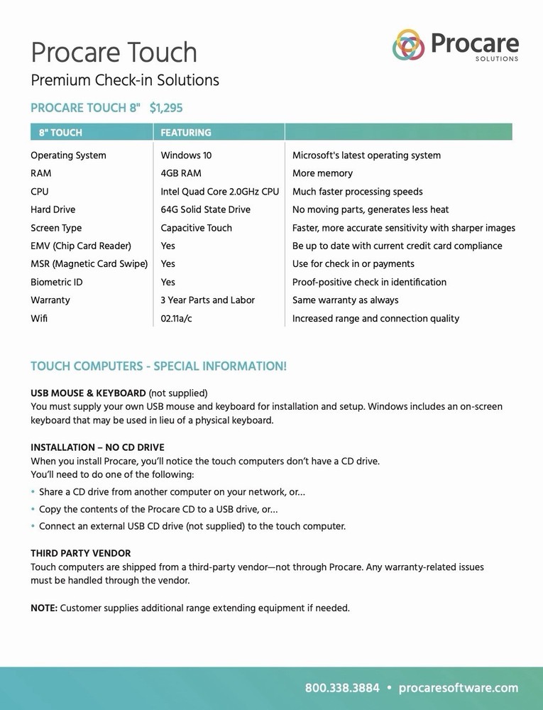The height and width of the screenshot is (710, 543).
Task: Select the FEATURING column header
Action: tap(186, 133)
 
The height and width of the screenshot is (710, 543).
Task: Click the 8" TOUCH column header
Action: tap(61, 133)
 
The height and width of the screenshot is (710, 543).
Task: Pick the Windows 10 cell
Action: tap(186, 155)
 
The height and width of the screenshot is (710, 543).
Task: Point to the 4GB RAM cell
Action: tap(181, 173)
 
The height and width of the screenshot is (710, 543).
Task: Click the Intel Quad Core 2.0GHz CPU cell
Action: tap(220, 192)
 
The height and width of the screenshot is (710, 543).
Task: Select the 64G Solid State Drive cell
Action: tap(205, 209)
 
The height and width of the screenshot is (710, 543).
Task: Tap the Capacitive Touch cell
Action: tap(196, 228)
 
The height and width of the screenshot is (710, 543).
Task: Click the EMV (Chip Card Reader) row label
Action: tap(81, 246)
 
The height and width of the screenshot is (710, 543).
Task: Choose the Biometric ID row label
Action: tap(57, 282)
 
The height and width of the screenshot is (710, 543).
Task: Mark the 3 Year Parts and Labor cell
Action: tap(207, 300)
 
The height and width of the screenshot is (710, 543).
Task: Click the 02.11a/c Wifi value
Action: tap(176, 319)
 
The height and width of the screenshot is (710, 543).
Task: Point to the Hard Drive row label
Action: tap(53, 209)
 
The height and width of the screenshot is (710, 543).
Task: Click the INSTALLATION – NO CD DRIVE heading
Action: tap(97, 447)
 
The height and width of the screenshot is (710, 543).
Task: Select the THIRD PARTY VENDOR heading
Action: tap(80, 553)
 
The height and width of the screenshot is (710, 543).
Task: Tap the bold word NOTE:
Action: tap(44, 608)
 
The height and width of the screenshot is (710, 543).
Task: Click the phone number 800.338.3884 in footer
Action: tap(342, 688)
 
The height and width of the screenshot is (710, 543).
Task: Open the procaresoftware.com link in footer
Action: tap(459, 688)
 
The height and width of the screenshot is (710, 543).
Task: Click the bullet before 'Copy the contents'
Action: tap(33, 510)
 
